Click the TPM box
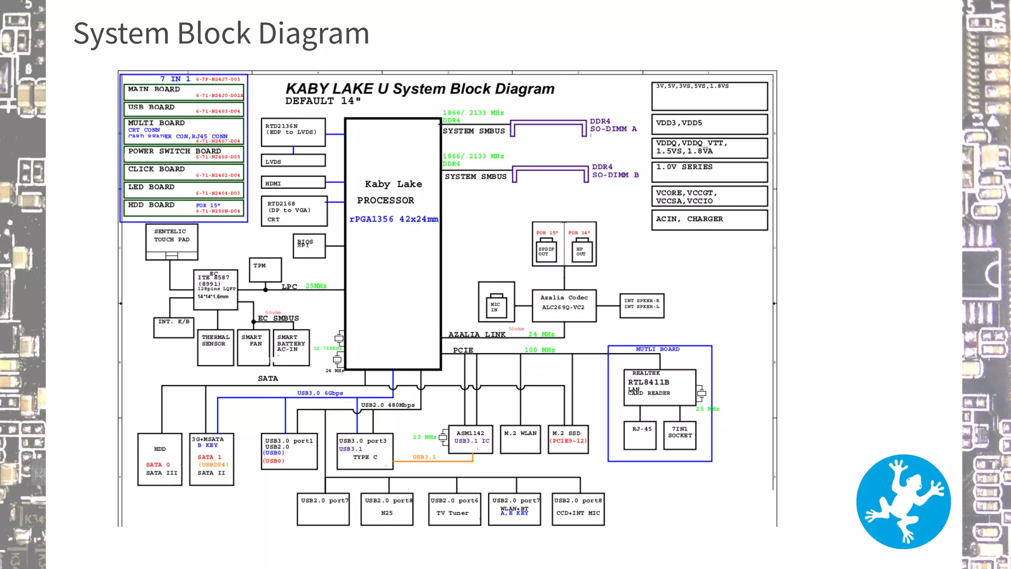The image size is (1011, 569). pyautogui.click(x=265, y=270)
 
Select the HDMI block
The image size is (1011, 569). pyautogui.click(x=293, y=183)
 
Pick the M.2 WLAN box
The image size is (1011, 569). pyautogui.click(x=520, y=439)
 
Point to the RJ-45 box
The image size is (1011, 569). pyautogui.click(x=640, y=435)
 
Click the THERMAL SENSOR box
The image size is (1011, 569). pyautogui.click(x=215, y=347)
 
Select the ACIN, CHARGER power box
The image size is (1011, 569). pyautogui.click(x=709, y=220)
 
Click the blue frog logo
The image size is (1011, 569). pyautogui.click(x=903, y=501)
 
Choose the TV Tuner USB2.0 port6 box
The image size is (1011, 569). pyautogui.click(x=455, y=509)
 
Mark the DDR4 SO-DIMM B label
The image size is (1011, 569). pyautogui.click(x=615, y=171)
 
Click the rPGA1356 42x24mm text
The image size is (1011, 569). pyautogui.click(x=393, y=219)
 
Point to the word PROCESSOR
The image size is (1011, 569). pyautogui.click(x=386, y=200)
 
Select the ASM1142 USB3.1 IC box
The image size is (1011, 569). pyautogui.click(x=470, y=439)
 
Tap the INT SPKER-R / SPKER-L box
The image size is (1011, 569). pyautogui.click(x=641, y=305)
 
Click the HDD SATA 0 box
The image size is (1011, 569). pyautogui.click(x=160, y=459)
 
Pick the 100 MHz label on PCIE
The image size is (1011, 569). pyautogui.click(x=539, y=350)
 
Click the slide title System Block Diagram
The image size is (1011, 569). pyautogui.click(x=221, y=34)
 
